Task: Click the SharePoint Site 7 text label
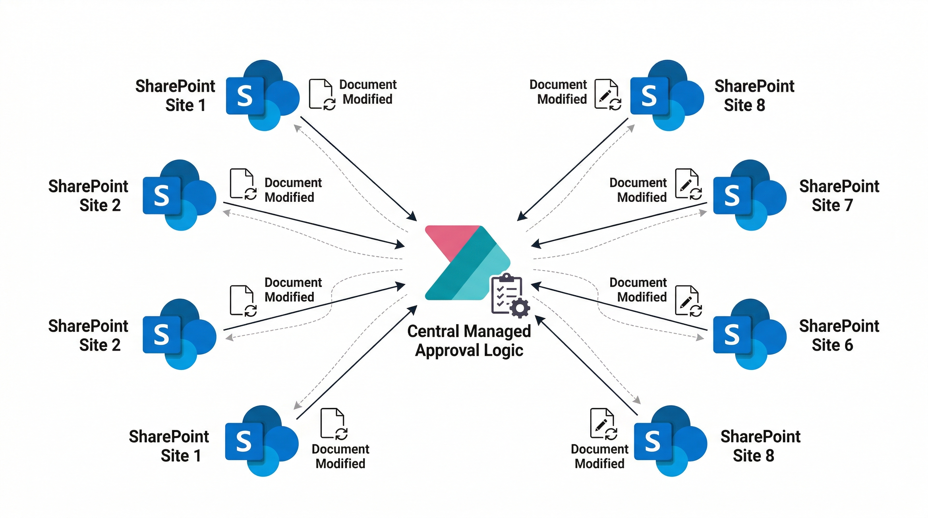(839, 196)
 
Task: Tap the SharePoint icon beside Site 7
(749, 195)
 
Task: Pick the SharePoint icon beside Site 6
(749, 334)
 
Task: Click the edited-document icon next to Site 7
(688, 184)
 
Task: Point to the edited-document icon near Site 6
(688, 301)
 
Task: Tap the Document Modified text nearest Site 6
(638, 290)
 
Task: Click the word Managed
(499, 332)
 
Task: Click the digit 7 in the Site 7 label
(848, 205)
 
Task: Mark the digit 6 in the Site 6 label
(848, 345)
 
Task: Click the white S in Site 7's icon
(732, 196)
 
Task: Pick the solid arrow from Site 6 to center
(620, 308)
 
